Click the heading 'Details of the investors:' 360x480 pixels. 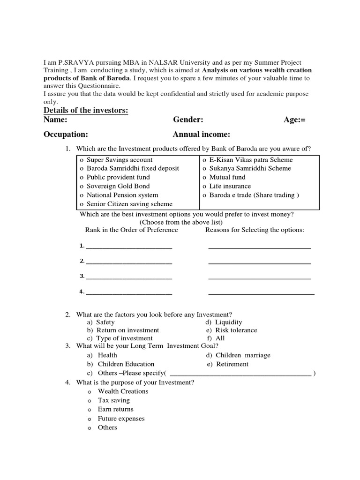pos(86,110)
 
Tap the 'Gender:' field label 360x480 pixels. pos(188,120)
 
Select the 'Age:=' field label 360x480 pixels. pos(294,120)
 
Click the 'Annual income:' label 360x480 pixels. pos(202,135)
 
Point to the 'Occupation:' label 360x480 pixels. pos(66,135)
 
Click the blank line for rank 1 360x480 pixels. pos(129,247)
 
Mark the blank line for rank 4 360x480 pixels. pos(129,292)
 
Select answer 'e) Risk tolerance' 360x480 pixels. pos(232,330)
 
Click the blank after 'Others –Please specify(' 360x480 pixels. pos(240,373)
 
